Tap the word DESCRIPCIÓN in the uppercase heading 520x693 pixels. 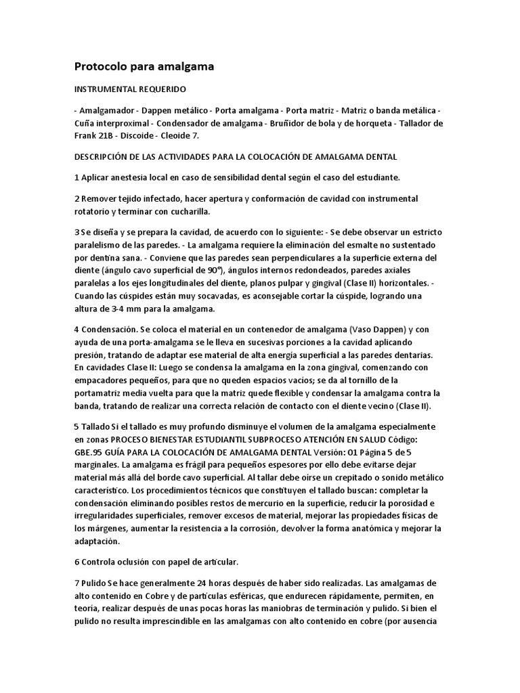(x=102, y=156)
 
